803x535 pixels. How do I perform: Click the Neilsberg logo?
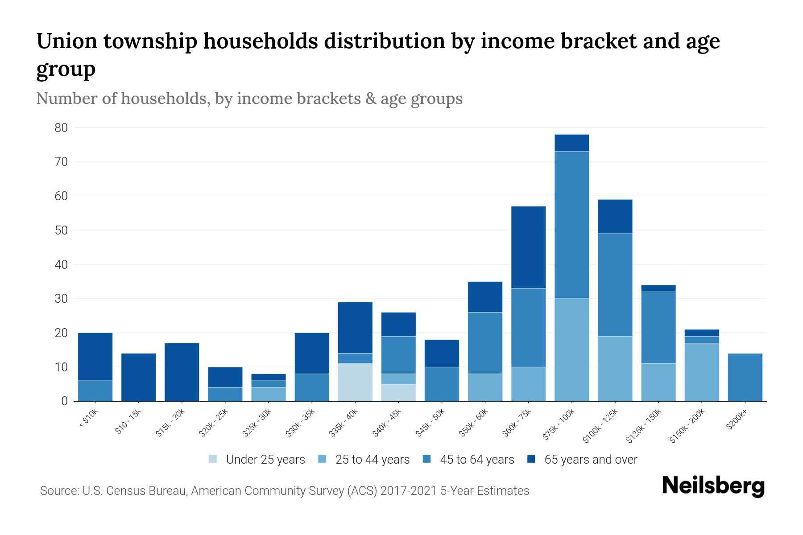[x=713, y=486]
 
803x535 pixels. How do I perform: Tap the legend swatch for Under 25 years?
[x=213, y=459]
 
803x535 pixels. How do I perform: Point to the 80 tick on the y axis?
[x=62, y=128]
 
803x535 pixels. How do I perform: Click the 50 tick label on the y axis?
[x=62, y=230]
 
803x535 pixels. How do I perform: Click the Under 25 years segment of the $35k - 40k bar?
[x=355, y=383]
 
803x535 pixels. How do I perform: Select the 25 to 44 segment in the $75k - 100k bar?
[x=571, y=350]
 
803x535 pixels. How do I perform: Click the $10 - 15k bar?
[x=138, y=377]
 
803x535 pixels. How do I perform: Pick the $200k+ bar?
[x=745, y=377]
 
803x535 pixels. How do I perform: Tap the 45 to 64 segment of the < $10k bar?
[x=95, y=391]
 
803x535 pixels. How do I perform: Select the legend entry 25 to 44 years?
[x=372, y=459]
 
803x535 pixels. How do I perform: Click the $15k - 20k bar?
[x=182, y=372]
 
